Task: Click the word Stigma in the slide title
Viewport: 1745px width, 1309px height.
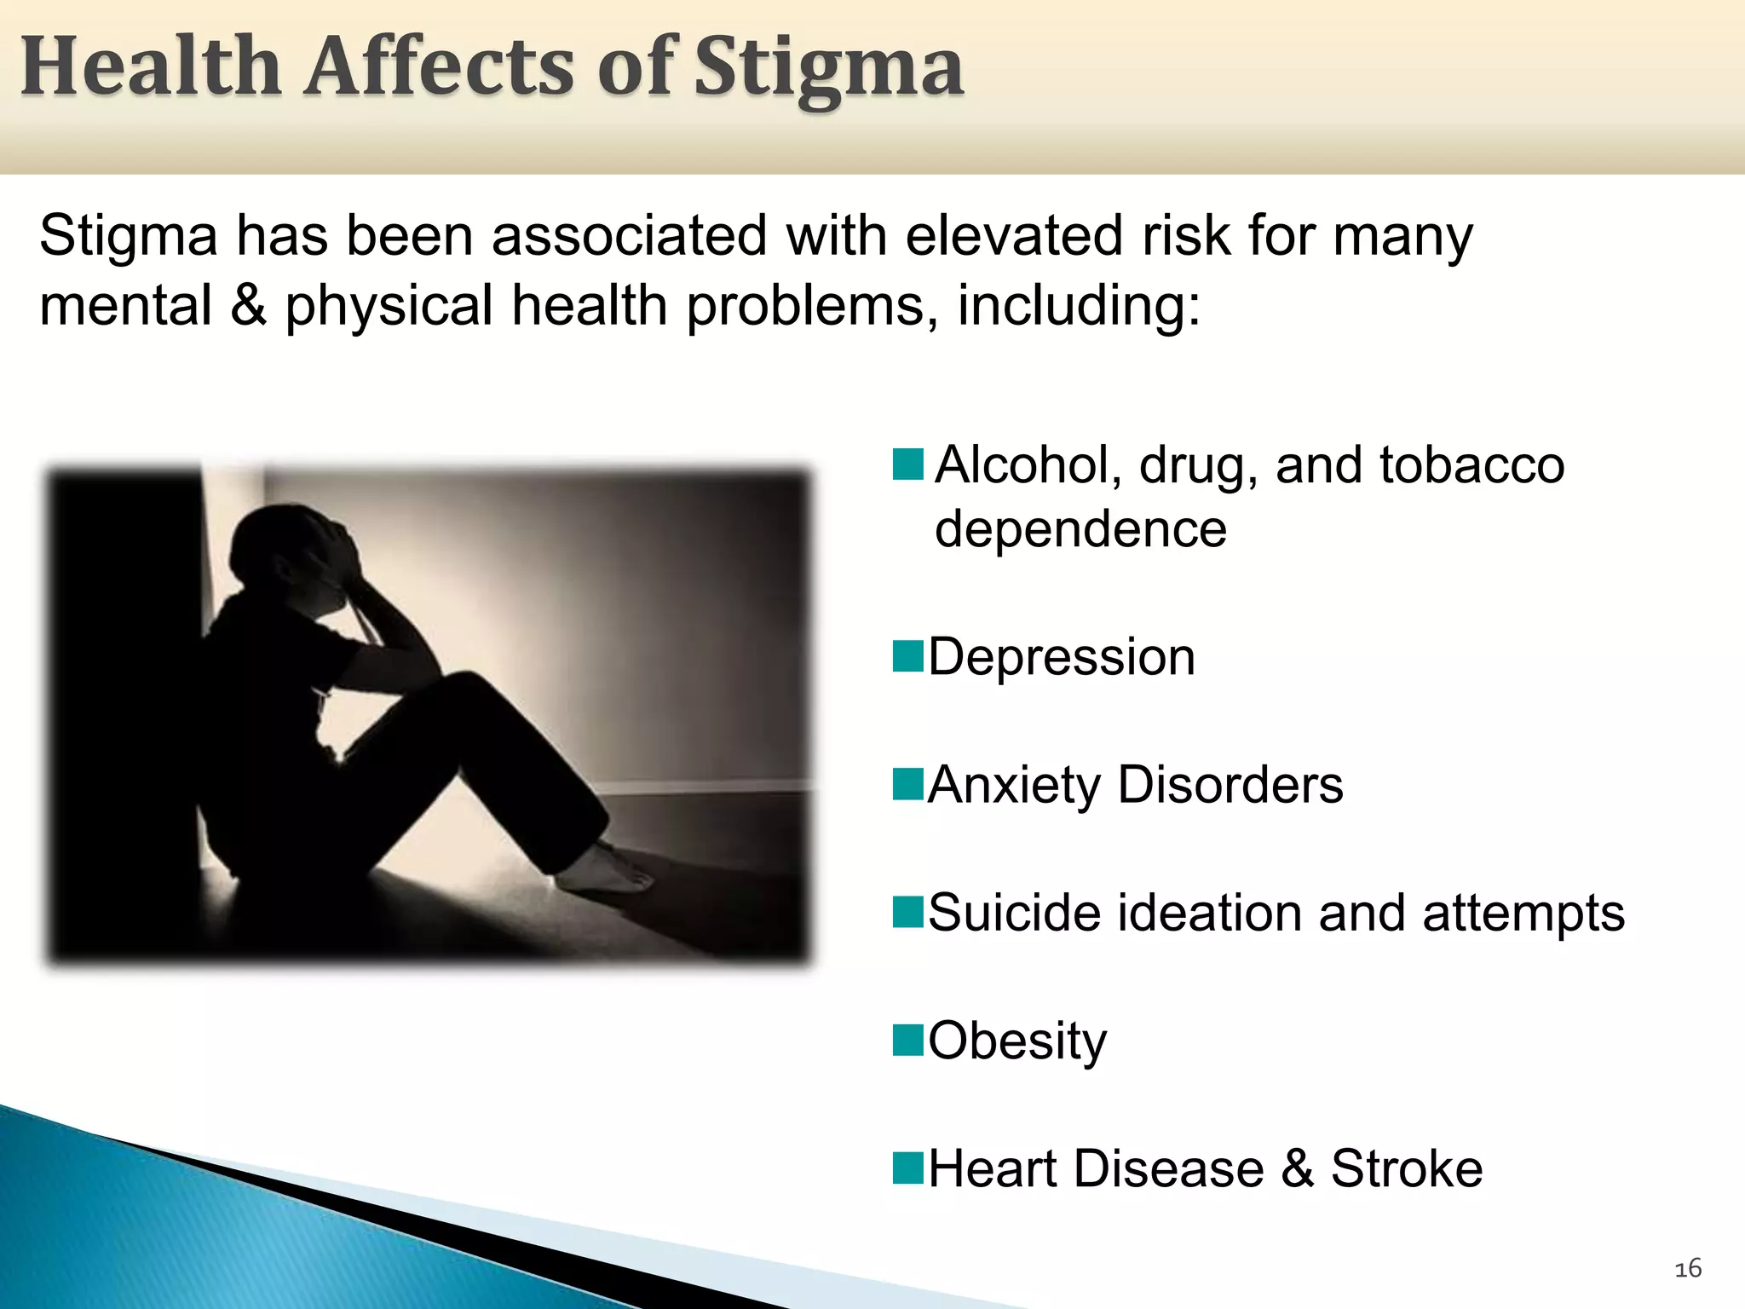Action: coord(828,68)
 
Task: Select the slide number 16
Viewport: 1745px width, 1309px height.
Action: coord(1688,1269)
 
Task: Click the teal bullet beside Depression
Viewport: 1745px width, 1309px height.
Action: coord(908,657)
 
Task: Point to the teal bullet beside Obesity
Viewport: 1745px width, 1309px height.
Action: coord(908,1041)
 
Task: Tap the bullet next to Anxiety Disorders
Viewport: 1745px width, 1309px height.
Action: coord(908,785)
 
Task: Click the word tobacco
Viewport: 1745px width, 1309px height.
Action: coord(1471,465)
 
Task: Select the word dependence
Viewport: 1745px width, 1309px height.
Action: coord(1080,529)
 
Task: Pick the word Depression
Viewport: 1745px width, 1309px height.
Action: coord(1062,657)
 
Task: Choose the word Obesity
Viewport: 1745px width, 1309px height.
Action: coord(1017,1041)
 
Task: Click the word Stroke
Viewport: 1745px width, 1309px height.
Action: coord(1406,1168)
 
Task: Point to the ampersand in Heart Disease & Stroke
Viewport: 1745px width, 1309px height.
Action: coord(1297,1168)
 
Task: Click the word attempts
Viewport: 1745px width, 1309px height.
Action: coord(1523,913)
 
